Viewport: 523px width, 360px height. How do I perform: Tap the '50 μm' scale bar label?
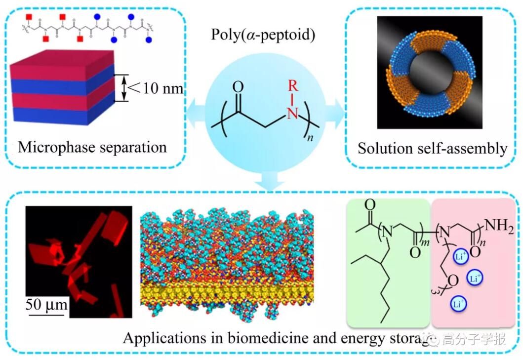click(45, 303)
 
